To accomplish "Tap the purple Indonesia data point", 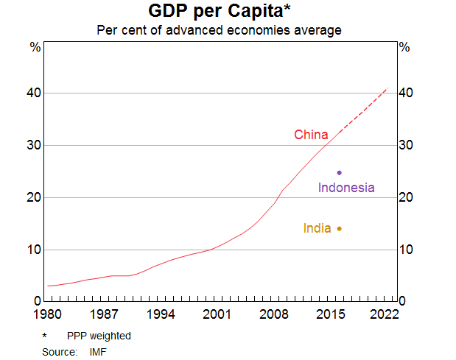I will (x=339, y=172).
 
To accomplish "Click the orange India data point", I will (x=339, y=228).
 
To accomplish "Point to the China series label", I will (x=311, y=135).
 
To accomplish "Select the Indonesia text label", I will (x=346, y=188).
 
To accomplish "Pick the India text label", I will (x=317, y=228).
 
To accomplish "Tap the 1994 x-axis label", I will (x=161, y=314).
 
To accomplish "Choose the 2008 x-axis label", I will (x=273, y=314).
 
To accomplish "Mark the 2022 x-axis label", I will (x=384, y=314).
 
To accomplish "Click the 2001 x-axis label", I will (x=217, y=314).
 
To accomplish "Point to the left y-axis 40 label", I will (x=34, y=93).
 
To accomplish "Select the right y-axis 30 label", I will (x=405, y=146).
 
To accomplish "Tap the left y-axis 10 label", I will (x=34, y=250).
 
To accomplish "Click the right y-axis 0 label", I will (x=402, y=302).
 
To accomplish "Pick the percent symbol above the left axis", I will (x=35, y=47).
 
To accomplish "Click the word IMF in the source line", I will (x=98, y=352).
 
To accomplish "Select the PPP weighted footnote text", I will (x=99, y=336).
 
